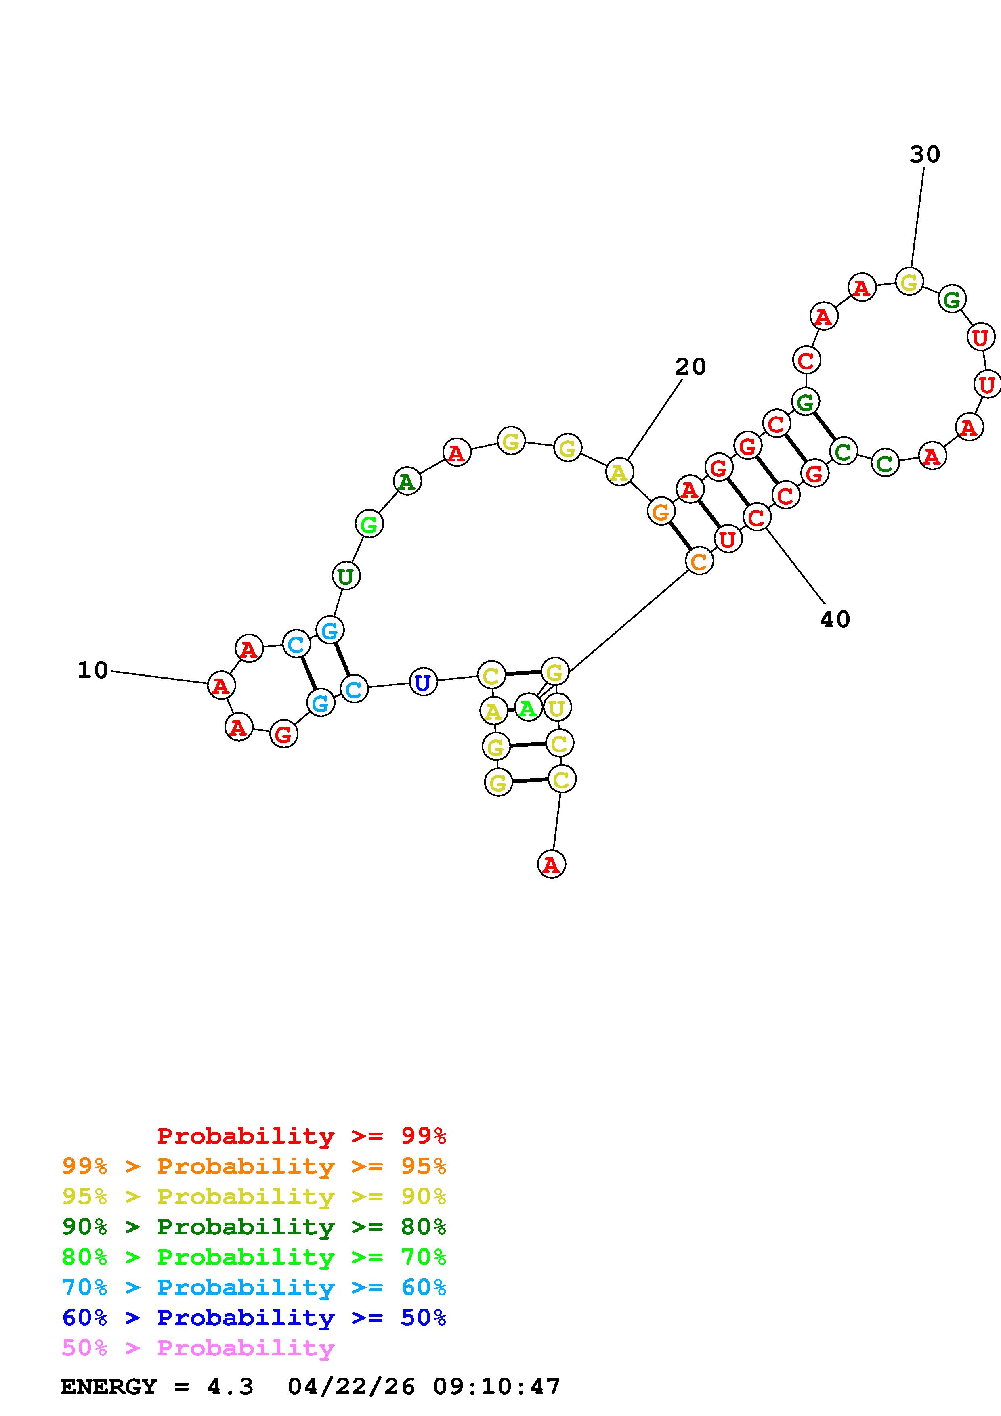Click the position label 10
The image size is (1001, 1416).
[x=92, y=670]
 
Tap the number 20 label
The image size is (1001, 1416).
[x=690, y=367]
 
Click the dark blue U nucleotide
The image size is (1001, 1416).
[x=422, y=683]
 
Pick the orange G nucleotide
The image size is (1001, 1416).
[x=661, y=511]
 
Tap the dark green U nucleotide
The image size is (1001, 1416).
[x=345, y=576]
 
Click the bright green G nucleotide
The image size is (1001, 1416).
[x=369, y=524]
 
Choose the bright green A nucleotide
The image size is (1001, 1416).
[x=527, y=708]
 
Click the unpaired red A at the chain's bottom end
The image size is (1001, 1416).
[x=551, y=864]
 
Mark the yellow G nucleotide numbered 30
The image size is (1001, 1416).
[x=909, y=283]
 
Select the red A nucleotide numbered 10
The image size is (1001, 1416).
[x=221, y=686]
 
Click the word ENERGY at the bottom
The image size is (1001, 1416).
[x=109, y=1387]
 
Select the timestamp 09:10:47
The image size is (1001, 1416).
[x=497, y=1387]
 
